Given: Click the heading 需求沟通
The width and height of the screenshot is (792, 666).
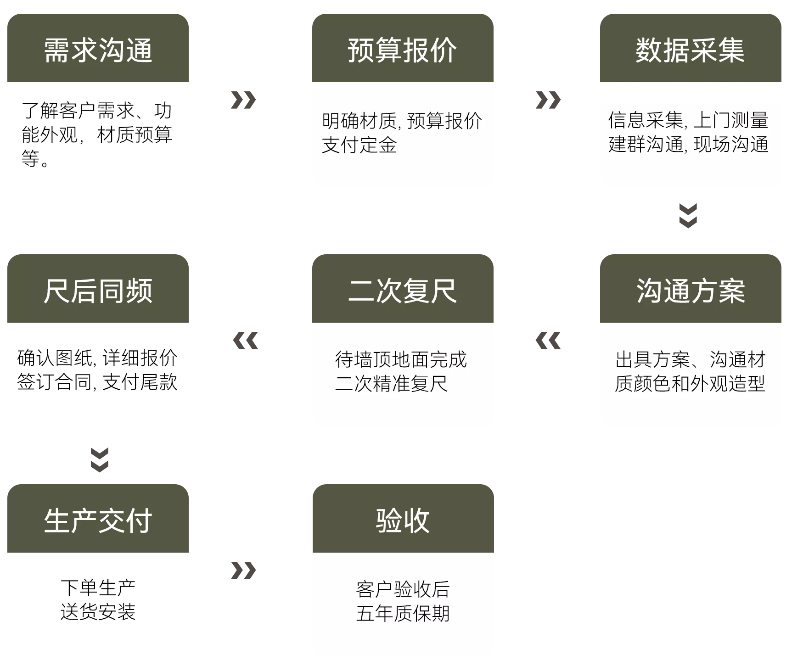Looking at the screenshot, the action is [x=98, y=50].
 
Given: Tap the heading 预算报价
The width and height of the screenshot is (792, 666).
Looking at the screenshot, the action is [x=402, y=50].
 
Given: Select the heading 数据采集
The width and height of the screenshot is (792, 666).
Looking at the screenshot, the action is [x=690, y=50].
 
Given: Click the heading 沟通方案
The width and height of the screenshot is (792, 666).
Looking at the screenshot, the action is [x=691, y=291].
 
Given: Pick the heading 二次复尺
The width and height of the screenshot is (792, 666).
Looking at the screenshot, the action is [x=402, y=291].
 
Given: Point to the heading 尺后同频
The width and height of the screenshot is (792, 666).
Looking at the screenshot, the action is [x=98, y=291].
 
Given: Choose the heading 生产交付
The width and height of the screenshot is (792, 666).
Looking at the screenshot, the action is [x=98, y=520].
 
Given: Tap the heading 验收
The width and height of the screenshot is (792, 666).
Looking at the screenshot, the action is [x=403, y=520].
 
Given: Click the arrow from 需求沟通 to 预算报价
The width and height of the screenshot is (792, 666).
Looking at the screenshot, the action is [x=243, y=100].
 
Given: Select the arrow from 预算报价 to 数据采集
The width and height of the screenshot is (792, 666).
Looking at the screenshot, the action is [x=548, y=100].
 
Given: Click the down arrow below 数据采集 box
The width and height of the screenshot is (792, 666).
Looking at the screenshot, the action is [x=688, y=216].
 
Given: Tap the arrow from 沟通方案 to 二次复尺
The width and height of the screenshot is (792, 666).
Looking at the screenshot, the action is [x=548, y=341].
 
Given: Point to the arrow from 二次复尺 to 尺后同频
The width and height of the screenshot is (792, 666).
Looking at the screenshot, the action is [x=246, y=341].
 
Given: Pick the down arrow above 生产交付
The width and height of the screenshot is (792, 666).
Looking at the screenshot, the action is [x=100, y=460].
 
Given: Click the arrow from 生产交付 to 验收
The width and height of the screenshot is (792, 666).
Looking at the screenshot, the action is [x=243, y=571].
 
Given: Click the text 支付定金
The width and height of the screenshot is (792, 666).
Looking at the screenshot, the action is [x=359, y=145].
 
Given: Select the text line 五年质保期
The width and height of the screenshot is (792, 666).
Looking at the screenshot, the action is [x=403, y=613].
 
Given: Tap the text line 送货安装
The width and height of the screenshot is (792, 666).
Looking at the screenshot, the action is [x=98, y=612].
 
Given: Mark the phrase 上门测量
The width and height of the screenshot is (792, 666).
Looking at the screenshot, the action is [x=731, y=120].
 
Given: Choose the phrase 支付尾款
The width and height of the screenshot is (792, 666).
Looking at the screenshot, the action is [x=140, y=382].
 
